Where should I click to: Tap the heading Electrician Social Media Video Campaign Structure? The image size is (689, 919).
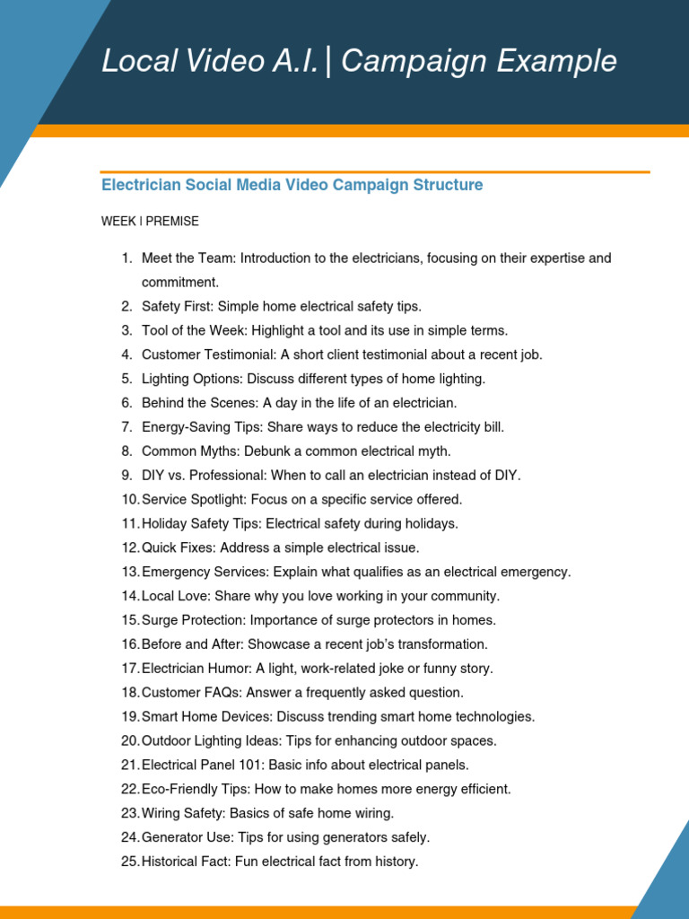292,185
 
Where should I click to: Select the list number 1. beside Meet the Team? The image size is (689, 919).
126,258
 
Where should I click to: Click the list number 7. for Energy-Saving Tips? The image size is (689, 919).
126,427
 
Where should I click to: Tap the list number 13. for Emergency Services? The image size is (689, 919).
129,573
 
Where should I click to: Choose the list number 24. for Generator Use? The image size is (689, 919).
129,838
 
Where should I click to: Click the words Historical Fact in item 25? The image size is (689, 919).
182,862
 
